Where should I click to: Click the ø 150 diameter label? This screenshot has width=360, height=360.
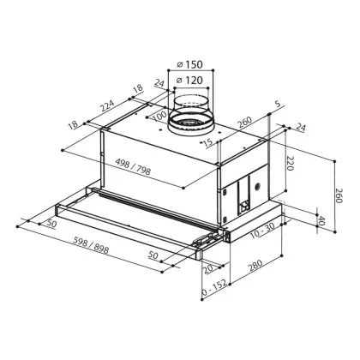[190, 64]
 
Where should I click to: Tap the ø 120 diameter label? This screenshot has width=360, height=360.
[190, 81]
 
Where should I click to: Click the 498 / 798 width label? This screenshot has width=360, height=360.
[133, 166]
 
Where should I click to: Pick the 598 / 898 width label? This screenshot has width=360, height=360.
[91, 246]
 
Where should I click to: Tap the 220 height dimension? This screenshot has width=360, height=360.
[290, 164]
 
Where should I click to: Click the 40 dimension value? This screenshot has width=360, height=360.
[321, 220]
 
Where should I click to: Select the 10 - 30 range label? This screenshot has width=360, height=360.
[262, 231]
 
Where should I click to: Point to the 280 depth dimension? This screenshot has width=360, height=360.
[255, 266]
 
